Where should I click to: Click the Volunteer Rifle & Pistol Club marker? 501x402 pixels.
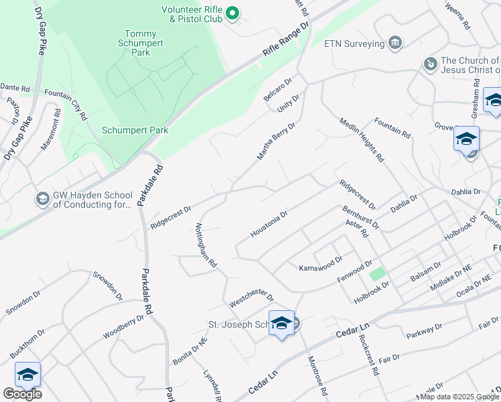232,13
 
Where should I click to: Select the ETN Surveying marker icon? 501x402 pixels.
395,44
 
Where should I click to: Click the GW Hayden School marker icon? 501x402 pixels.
42,199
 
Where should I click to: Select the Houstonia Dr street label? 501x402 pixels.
269,224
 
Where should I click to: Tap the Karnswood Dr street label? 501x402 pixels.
320,263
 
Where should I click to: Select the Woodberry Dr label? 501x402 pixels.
123,328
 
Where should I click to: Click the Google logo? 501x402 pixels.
21,393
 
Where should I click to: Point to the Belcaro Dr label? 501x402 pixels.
277,90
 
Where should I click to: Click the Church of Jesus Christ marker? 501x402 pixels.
430,64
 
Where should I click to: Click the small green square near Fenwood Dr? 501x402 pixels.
378,273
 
